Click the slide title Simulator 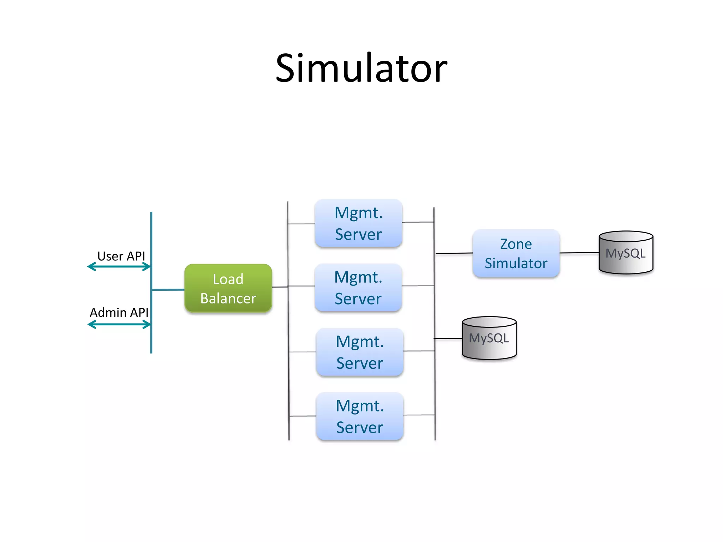(361, 68)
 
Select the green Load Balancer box (228, 288)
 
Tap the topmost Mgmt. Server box (358, 223)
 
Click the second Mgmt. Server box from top (358, 287)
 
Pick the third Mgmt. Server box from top (359, 352)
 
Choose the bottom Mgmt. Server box (359, 416)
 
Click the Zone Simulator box (516, 253)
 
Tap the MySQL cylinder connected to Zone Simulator (626, 253)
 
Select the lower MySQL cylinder (489, 338)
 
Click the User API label (121, 256)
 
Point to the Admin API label (119, 313)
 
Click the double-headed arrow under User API (119, 267)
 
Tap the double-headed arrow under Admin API (119, 325)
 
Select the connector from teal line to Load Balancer (168, 290)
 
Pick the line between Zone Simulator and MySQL (579, 253)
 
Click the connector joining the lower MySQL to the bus (448, 338)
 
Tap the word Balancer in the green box (228, 299)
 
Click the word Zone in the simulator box (516, 244)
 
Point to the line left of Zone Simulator (454, 253)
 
